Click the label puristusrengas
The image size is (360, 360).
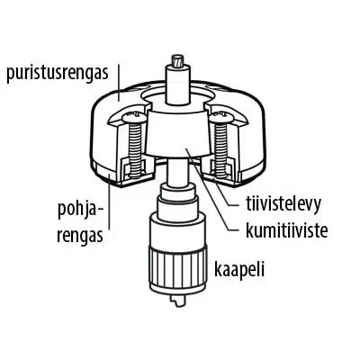58,74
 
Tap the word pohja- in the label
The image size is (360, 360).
78,211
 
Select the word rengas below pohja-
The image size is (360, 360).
80,236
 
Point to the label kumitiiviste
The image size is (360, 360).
286,230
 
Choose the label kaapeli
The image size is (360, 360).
239,269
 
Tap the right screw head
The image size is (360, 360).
221,118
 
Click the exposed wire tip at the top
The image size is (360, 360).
178,60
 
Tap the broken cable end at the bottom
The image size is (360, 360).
178,301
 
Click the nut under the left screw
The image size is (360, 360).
135,168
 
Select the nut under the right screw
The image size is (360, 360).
221,168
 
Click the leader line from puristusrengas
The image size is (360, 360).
119,82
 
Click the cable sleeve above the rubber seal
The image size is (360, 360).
178,85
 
